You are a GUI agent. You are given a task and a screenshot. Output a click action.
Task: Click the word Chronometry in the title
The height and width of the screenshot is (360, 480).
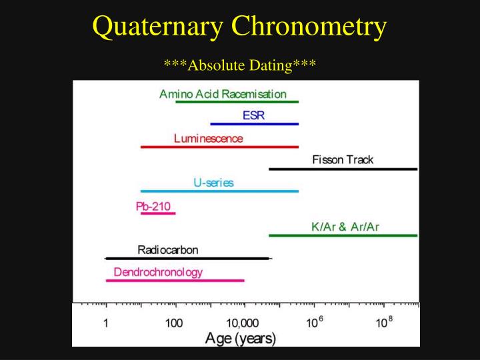pos(309,27)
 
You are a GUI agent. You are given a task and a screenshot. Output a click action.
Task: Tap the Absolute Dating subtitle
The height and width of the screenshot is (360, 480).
pos(240,65)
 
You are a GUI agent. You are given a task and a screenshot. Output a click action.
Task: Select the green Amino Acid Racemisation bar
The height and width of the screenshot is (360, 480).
pos(237,101)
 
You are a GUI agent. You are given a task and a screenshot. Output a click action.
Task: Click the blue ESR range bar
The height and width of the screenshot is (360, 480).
pos(255,124)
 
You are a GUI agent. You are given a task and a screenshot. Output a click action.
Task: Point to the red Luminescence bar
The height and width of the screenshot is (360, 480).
pos(219,147)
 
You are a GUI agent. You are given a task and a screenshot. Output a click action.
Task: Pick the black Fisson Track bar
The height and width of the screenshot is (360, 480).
pos(343,169)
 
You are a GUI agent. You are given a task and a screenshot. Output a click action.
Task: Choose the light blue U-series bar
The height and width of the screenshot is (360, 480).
pos(219,191)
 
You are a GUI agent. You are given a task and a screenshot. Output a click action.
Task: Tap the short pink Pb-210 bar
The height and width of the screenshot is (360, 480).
pos(158,213)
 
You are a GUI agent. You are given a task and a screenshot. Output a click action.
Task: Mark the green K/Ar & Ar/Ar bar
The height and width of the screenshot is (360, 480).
pos(343,235)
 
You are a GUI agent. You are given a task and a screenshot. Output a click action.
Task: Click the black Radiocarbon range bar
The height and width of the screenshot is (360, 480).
pos(189,259)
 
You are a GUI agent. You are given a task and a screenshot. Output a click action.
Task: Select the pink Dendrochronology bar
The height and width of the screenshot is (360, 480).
pos(175,281)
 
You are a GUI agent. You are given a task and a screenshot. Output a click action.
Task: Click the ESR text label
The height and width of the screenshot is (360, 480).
pos(253,115)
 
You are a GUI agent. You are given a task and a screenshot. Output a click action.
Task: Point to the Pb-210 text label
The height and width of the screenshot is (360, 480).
pos(153,206)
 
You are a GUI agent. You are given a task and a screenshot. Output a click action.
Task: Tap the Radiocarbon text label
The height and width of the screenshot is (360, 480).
pos(168,250)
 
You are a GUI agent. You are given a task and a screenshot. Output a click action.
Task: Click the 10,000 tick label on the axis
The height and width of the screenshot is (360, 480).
pos(242,323)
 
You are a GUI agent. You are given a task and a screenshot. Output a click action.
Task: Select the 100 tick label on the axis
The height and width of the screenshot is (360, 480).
pos(174,323)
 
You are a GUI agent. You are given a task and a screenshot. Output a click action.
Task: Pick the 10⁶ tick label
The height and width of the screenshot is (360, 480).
pos(315,322)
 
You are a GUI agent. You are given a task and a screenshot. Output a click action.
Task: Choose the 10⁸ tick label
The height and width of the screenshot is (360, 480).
pos(384,322)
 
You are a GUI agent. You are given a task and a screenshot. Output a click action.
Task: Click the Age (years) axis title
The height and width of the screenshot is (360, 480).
pos(241,339)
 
